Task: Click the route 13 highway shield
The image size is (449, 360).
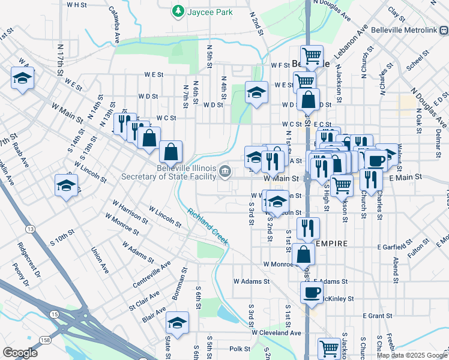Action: pyautogui.click(x=30, y=229)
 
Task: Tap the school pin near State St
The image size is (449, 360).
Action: pyautogui.click(x=177, y=323)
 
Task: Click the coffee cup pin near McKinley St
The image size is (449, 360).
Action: pyautogui.click(x=312, y=293)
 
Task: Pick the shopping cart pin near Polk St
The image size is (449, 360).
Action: pyautogui.click(x=329, y=347)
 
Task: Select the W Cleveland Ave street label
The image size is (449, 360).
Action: pyautogui.click(x=276, y=332)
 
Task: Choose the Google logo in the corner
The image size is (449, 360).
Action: pyautogui.click(x=20, y=353)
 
